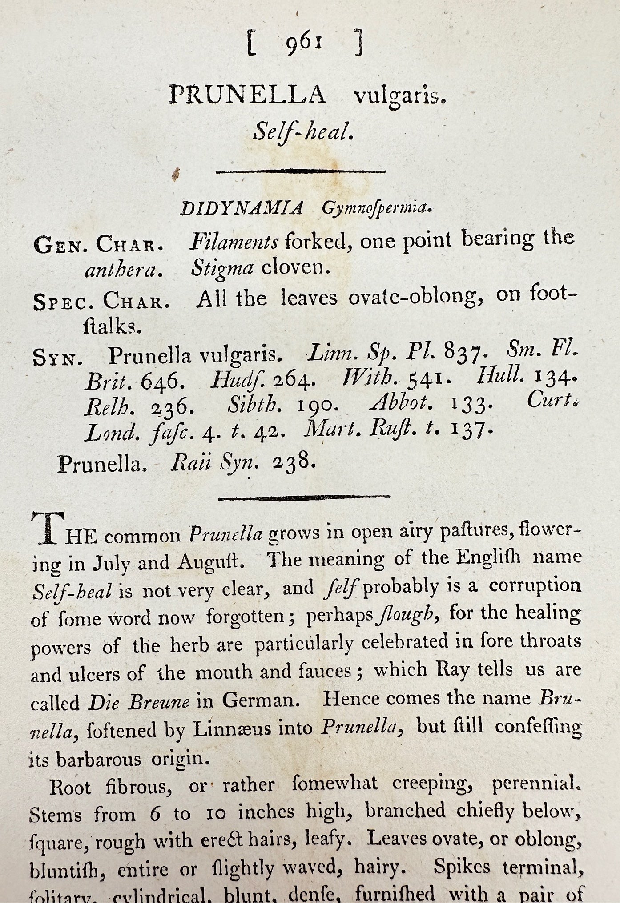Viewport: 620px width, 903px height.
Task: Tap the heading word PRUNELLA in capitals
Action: (247, 95)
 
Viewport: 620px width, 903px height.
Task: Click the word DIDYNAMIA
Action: (242, 209)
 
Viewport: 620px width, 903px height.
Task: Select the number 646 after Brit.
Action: (159, 382)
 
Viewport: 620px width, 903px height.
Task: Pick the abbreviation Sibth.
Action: (250, 405)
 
